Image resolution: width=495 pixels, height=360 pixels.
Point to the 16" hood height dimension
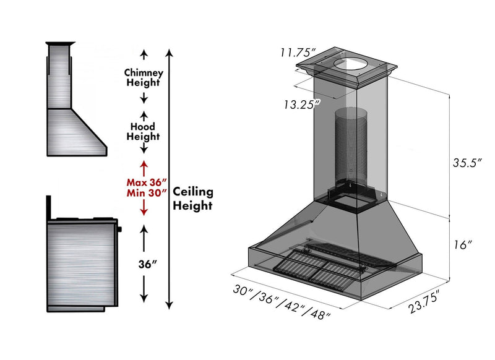pos(462,244)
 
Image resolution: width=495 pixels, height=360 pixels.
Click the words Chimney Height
pos(144,77)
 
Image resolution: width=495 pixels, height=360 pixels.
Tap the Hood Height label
pos(142,131)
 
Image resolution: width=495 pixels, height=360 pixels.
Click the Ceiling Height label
pos(193,199)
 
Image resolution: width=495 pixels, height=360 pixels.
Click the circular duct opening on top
pos(350,64)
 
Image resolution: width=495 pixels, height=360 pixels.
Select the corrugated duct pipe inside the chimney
pos(350,148)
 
